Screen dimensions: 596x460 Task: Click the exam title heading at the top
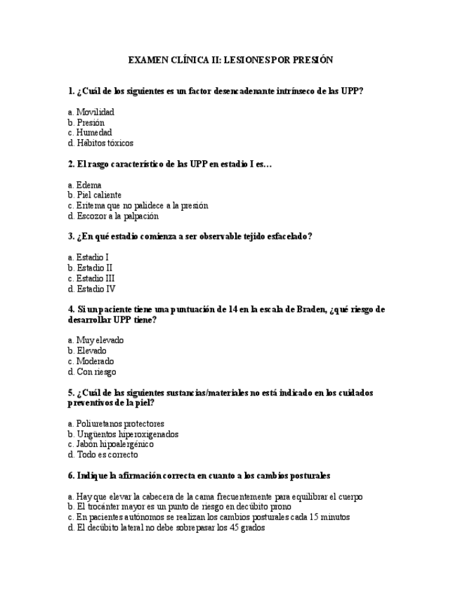[x=230, y=60]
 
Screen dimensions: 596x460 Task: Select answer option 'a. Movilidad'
[x=91, y=112]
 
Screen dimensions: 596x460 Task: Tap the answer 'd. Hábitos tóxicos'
[x=100, y=143]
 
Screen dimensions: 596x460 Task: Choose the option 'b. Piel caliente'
[x=95, y=195]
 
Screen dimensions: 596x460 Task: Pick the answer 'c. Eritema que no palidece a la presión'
[x=138, y=205]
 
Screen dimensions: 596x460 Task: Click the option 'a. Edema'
[x=85, y=185]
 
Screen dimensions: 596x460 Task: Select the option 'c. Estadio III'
[x=91, y=278]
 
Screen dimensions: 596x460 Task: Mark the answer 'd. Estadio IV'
[x=91, y=289]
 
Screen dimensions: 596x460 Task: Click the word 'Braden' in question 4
[x=307, y=309]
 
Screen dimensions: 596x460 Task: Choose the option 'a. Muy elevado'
[x=96, y=340]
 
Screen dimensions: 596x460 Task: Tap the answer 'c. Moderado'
[x=91, y=361]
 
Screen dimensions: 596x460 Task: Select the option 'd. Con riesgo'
[x=92, y=372]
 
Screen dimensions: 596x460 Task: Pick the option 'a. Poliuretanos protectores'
[x=117, y=424]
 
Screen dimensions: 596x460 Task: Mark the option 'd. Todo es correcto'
[x=103, y=455]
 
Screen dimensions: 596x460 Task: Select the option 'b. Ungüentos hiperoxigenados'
[x=124, y=434]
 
